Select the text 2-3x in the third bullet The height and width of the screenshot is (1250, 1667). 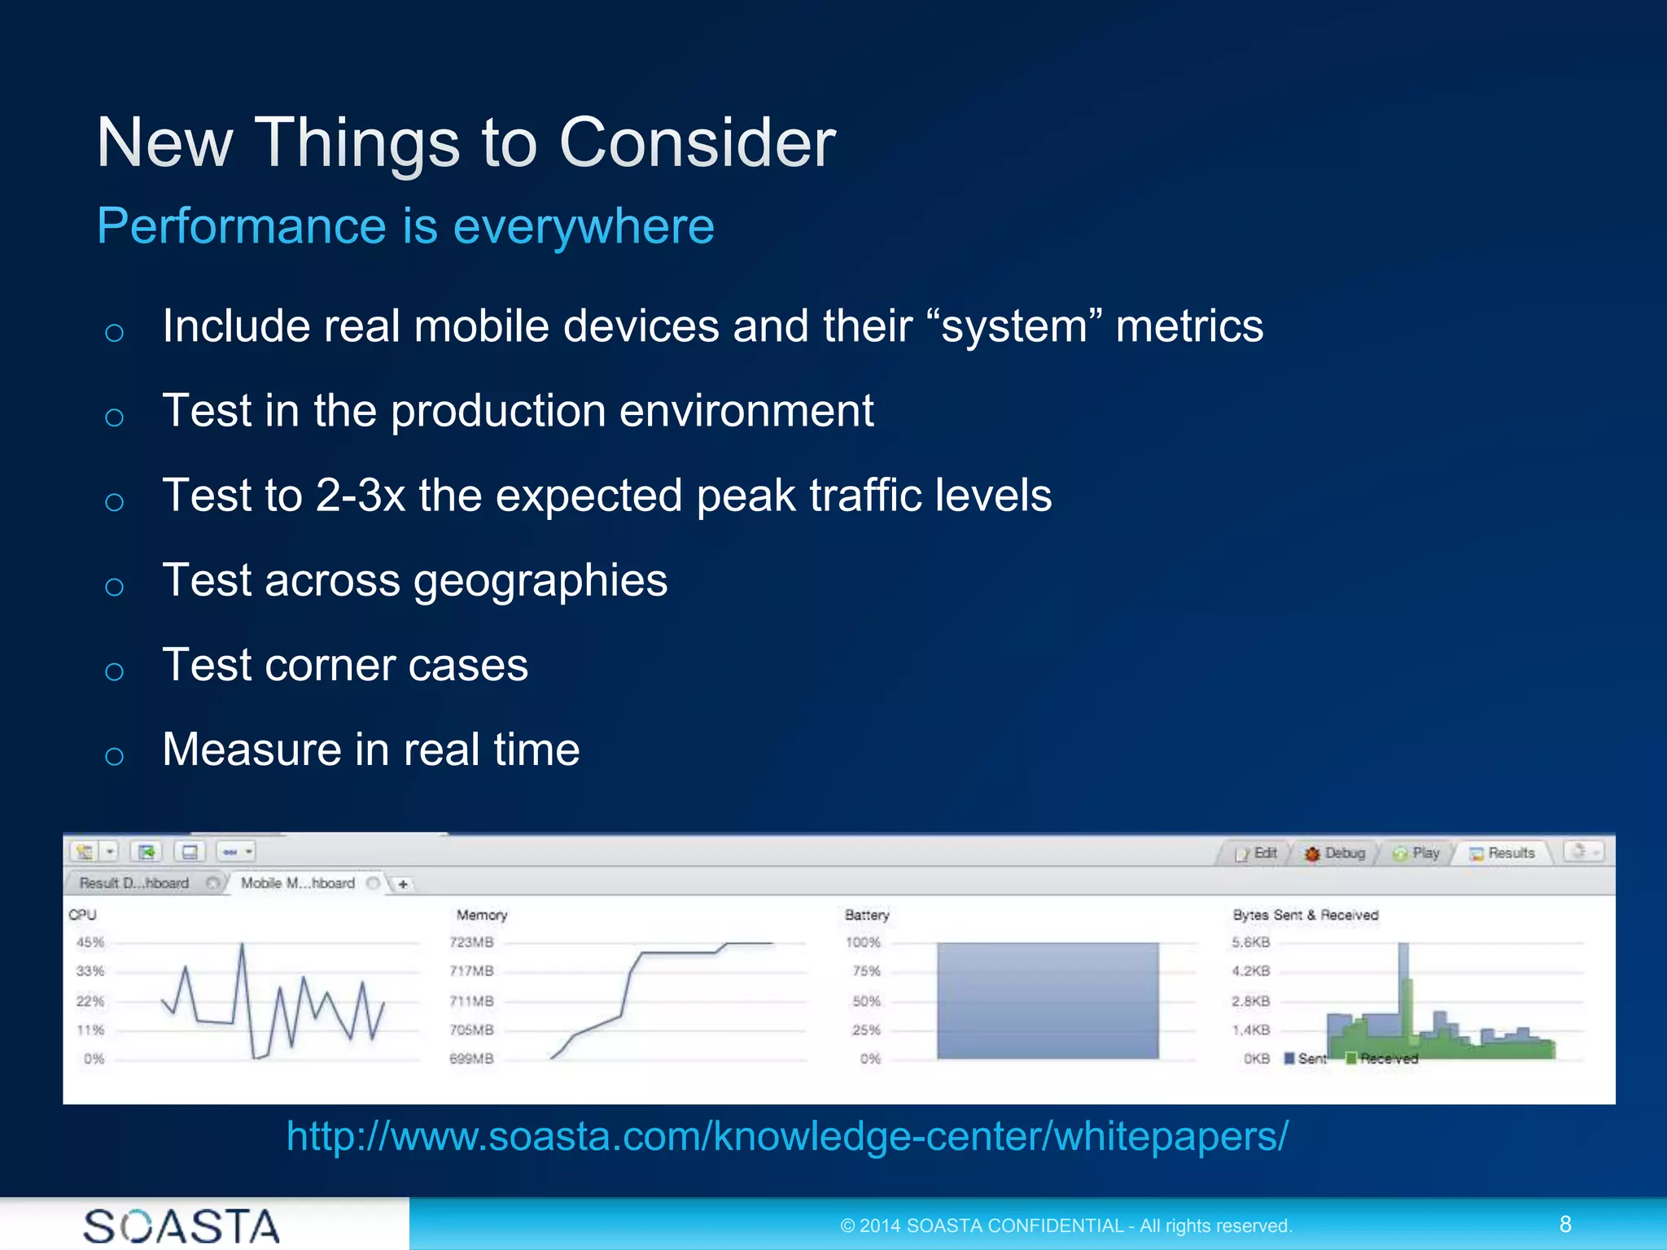coord(360,495)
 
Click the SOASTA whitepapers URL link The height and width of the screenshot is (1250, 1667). coord(787,1136)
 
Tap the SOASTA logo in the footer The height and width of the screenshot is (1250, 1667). coord(181,1226)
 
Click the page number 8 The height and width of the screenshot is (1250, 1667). coord(1564,1224)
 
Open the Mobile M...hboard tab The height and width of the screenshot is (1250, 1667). coord(298,883)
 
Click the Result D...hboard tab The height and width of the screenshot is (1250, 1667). coord(134,883)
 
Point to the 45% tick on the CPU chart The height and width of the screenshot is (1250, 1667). coord(90,942)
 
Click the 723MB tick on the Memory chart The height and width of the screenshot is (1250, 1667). coord(471,942)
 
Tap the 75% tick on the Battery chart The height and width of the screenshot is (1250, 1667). coord(866,971)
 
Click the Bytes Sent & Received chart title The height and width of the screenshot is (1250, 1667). coord(1305,915)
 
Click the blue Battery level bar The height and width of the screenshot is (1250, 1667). coord(1047,1001)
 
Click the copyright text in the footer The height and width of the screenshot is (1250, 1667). coord(1065,1226)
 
